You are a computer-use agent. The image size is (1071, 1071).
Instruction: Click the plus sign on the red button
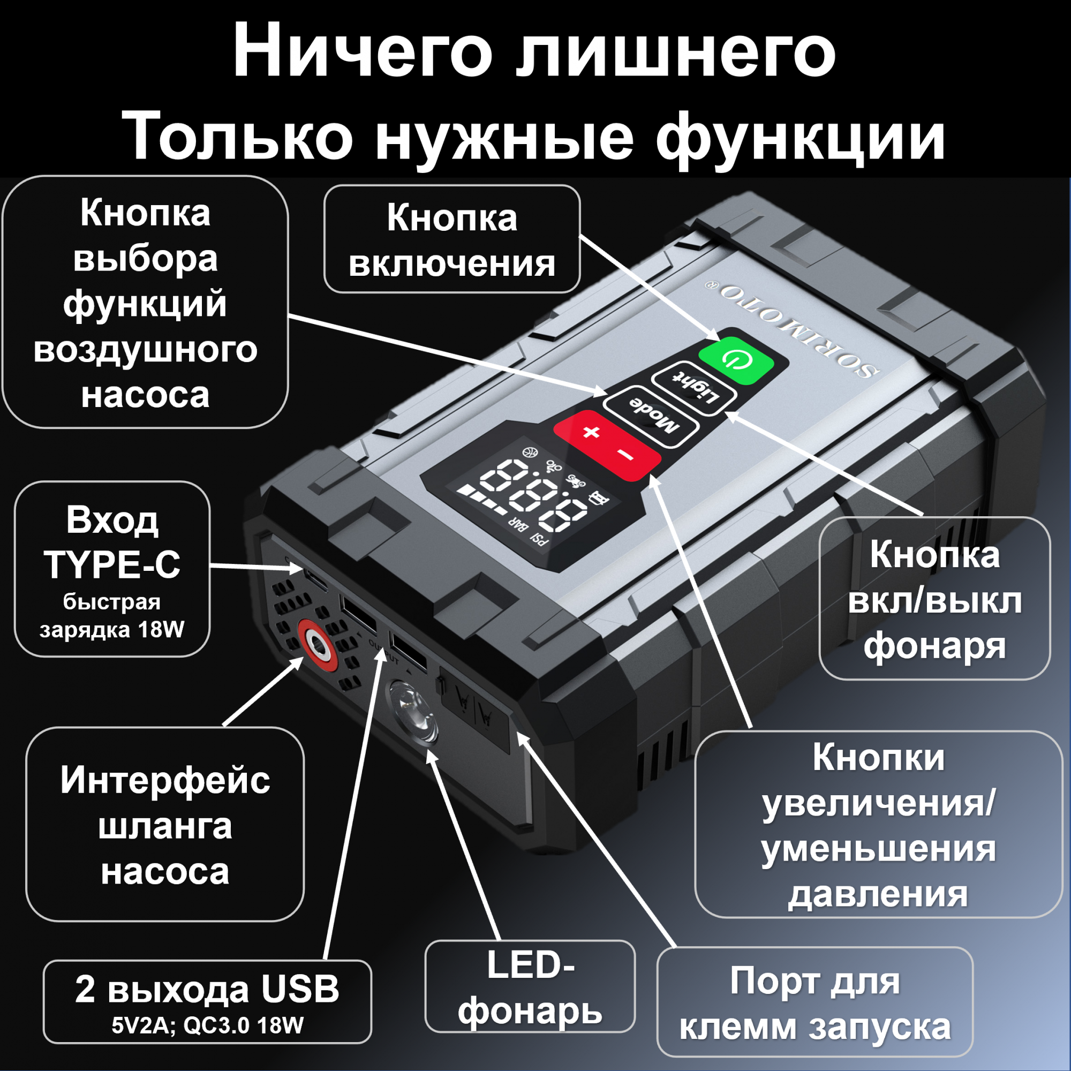pyautogui.click(x=591, y=432)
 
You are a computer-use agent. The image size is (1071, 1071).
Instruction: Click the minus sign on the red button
pyautogui.click(x=625, y=455)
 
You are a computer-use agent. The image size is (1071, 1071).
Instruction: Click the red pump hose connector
pyautogui.click(x=318, y=645)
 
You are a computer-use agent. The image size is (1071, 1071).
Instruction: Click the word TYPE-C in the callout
pyautogui.click(x=112, y=565)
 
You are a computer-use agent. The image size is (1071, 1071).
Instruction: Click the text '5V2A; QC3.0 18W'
pyautogui.click(x=207, y=1025)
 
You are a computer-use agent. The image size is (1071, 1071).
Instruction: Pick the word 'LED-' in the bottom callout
pyautogui.click(x=531, y=965)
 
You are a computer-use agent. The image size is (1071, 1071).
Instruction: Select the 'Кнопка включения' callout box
pyautogui.click(x=452, y=239)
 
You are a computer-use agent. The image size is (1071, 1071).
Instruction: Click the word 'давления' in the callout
pyautogui.click(x=878, y=894)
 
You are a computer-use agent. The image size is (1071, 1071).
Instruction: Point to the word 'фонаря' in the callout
pyautogui.click(x=934, y=647)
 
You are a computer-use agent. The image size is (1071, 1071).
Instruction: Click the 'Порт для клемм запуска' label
pyautogui.click(x=815, y=1004)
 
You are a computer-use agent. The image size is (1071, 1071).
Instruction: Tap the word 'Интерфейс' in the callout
pyautogui.click(x=165, y=780)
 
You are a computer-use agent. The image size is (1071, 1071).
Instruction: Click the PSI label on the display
pyautogui.click(x=540, y=538)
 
